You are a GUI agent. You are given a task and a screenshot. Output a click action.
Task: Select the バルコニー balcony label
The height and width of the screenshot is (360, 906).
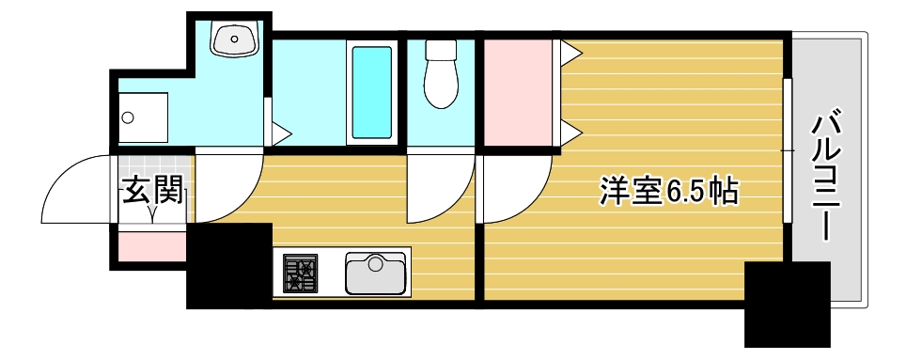click(826, 175)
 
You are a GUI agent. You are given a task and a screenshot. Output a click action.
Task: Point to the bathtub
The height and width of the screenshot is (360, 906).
click(370, 91)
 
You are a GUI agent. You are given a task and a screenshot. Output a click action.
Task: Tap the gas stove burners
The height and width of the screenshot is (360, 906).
click(301, 274)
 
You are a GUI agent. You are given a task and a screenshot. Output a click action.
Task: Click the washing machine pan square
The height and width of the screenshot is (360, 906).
click(143, 118)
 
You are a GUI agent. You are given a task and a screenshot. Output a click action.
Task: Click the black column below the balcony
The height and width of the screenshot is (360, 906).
click(787, 304)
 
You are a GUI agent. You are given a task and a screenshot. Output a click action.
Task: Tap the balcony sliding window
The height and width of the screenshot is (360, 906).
click(787, 150)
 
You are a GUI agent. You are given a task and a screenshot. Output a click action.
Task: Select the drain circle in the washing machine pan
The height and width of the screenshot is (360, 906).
click(129, 118)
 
